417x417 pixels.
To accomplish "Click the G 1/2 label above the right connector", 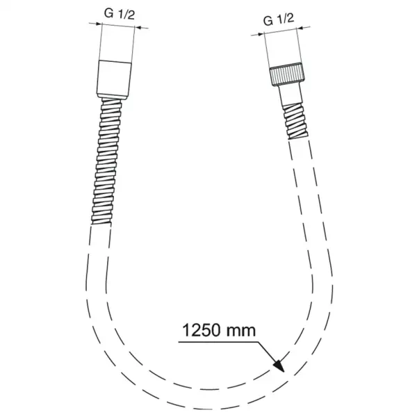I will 279,21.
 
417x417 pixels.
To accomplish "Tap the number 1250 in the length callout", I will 203,327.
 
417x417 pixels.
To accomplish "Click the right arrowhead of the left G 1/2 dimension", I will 136,28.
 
